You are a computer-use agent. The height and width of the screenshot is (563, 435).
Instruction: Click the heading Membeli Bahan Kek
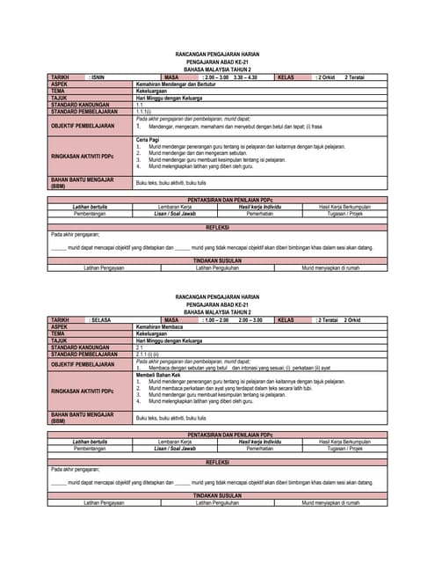[158, 375]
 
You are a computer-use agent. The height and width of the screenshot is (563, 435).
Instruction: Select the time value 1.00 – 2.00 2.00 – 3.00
[233, 320]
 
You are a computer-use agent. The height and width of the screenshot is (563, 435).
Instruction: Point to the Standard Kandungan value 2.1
[139, 347]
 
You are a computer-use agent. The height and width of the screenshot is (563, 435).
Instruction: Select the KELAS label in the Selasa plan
[286, 320]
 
